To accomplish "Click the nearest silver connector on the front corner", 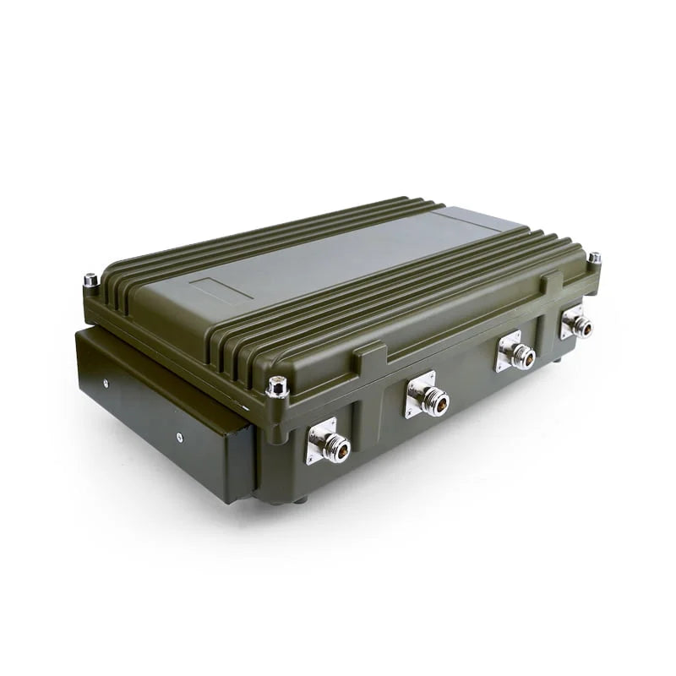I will coord(330,444).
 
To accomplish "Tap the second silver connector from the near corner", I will coord(428,397).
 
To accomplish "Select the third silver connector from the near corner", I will coord(516,353).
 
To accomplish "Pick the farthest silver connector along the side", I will coord(577,324).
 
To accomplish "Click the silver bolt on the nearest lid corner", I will coord(277,387).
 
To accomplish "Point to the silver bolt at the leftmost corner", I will coord(90,280).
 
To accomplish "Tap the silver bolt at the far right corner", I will coord(594,259).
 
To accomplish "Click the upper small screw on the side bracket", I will coord(106,383).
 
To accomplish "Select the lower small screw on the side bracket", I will coord(179,437).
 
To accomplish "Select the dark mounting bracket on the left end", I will coord(161,406).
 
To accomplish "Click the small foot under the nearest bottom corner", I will coord(300,499).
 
